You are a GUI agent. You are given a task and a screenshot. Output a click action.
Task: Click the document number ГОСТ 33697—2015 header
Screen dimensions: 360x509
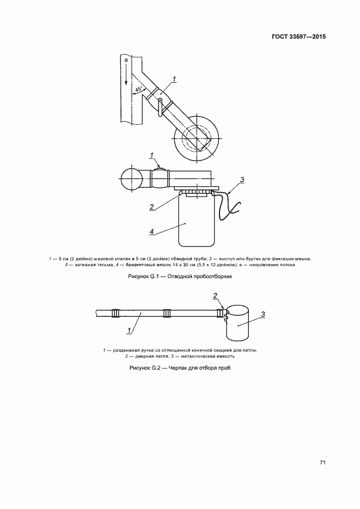click(x=298, y=36)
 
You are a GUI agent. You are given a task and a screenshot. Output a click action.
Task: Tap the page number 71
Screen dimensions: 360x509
click(x=322, y=463)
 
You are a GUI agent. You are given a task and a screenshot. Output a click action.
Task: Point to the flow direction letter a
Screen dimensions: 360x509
click(x=126, y=60)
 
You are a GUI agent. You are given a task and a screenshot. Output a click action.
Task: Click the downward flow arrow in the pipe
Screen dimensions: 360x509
click(x=126, y=75)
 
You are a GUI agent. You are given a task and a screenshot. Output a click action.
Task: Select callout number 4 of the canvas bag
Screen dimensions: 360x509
click(x=151, y=231)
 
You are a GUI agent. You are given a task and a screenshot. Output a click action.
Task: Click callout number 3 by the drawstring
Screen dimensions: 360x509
click(x=242, y=180)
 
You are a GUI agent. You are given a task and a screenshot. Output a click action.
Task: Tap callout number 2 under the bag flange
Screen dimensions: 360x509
click(x=151, y=206)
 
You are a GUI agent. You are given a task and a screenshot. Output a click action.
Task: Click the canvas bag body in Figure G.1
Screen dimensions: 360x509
click(x=197, y=220)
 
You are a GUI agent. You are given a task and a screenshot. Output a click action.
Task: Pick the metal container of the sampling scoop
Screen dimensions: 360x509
click(x=237, y=323)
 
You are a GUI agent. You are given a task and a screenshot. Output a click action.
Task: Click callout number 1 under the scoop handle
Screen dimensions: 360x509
click(x=130, y=330)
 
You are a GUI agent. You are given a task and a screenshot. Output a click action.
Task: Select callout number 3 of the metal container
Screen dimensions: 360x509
click(x=263, y=314)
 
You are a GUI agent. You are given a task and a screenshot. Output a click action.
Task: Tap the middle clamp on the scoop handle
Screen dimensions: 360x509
click(x=167, y=313)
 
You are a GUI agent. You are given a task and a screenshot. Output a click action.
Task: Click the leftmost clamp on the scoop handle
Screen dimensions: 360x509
click(x=116, y=313)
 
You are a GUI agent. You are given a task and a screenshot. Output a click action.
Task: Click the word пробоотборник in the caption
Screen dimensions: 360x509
click(x=214, y=277)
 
